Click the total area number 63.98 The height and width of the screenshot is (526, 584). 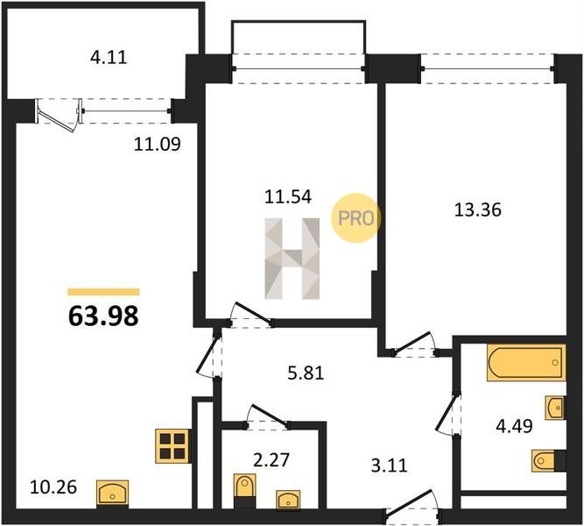pyautogui.click(x=103, y=316)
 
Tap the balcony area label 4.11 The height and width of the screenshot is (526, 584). pyautogui.click(x=109, y=58)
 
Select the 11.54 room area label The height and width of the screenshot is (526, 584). pyautogui.click(x=287, y=196)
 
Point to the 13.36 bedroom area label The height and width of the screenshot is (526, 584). pyautogui.click(x=478, y=210)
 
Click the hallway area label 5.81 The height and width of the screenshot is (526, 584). pyautogui.click(x=306, y=373)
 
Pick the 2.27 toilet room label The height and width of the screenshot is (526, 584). pyautogui.click(x=271, y=459)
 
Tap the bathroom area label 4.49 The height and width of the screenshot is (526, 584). pyautogui.click(x=514, y=426)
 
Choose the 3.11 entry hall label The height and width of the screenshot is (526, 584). pyautogui.click(x=390, y=466)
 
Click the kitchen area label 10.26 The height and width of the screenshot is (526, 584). pyautogui.click(x=53, y=487)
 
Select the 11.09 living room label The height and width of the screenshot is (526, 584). pyautogui.click(x=158, y=145)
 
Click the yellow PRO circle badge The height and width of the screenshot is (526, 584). pyautogui.click(x=356, y=218)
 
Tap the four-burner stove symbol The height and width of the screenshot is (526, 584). pyautogui.click(x=173, y=446)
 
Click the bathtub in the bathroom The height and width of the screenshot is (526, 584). pyautogui.click(x=526, y=363)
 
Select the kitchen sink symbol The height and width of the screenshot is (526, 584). pyautogui.click(x=112, y=494)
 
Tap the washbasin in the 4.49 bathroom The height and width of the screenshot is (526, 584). pyautogui.click(x=555, y=408)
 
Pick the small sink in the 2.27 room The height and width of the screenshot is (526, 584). pyautogui.click(x=288, y=500)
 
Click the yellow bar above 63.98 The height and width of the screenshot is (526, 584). pyautogui.click(x=103, y=292)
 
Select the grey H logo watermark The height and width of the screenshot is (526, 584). pyautogui.click(x=292, y=259)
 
